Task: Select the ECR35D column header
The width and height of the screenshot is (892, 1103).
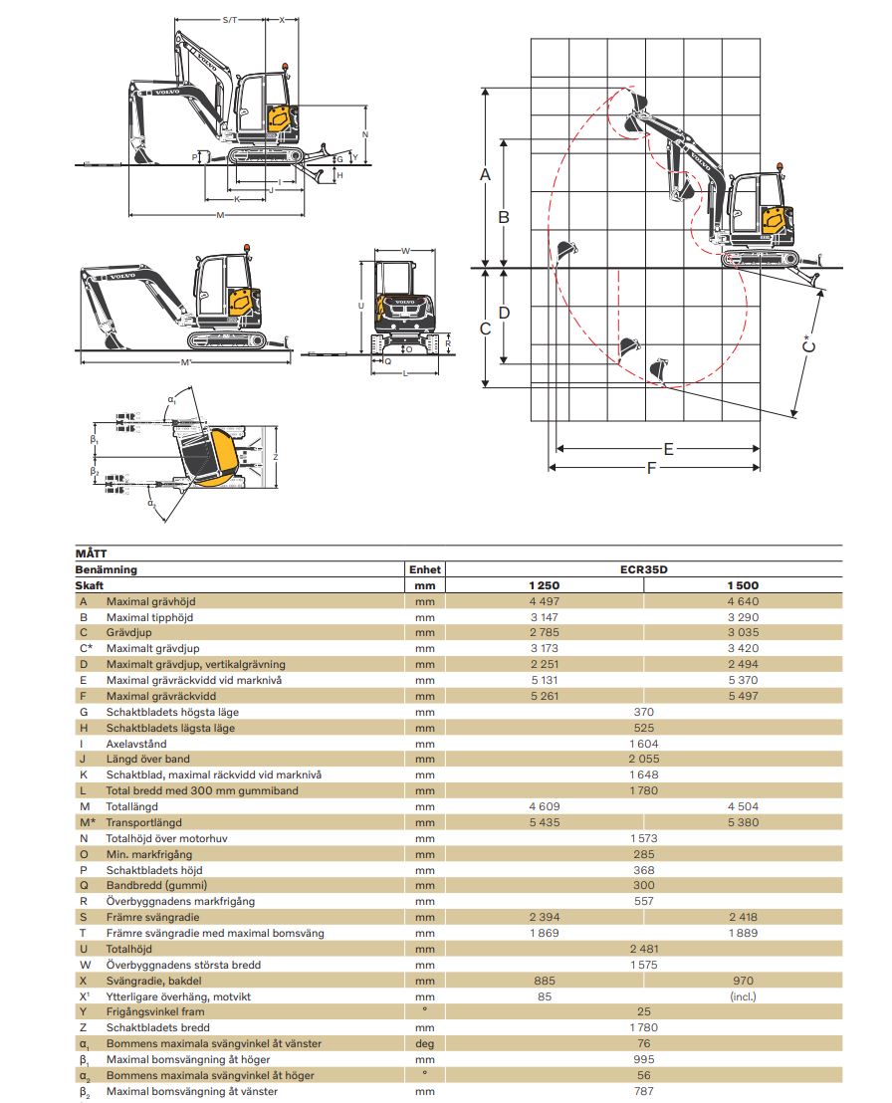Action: click(x=643, y=569)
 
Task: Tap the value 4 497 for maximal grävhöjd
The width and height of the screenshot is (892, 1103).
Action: click(x=545, y=600)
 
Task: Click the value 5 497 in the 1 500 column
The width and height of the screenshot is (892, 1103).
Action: click(x=743, y=696)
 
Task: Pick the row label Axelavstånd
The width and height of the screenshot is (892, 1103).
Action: click(x=136, y=744)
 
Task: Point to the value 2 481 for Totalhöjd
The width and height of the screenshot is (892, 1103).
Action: click(x=643, y=949)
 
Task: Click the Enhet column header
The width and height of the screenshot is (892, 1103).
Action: click(x=424, y=569)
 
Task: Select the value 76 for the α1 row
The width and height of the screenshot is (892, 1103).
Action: click(x=643, y=1043)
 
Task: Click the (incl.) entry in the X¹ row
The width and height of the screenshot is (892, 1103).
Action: click(x=743, y=995)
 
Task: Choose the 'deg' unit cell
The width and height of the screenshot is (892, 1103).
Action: click(x=425, y=1043)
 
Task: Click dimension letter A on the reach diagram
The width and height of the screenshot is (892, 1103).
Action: click(x=486, y=175)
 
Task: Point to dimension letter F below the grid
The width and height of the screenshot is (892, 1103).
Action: click(x=652, y=468)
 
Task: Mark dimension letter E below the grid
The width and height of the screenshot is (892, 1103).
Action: click(x=668, y=449)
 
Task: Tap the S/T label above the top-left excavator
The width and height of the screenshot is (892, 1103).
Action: click(x=230, y=19)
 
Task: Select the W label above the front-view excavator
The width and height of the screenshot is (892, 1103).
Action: click(x=405, y=251)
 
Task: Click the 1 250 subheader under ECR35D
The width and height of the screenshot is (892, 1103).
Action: click(x=545, y=585)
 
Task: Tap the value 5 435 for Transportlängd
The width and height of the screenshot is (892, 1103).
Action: click(x=545, y=822)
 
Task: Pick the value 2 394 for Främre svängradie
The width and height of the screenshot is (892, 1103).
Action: click(x=545, y=917)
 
